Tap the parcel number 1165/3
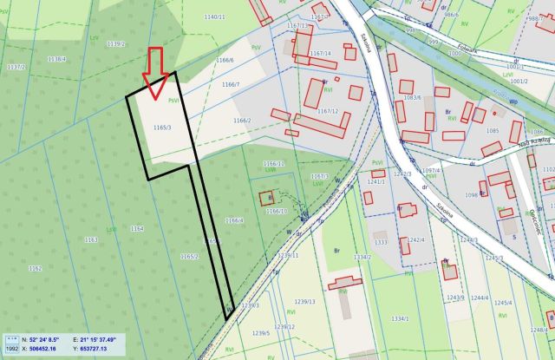(162, 128)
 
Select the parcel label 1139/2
(115, 43)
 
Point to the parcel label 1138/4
(56, 59)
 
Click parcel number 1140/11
(214, 16)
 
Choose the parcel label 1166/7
(231, 84)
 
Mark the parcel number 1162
(35, 269)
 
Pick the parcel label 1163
(90, 239)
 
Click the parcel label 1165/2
(189, 256)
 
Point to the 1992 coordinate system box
(12, 349)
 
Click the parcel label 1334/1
(400, 319)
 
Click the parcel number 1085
(492, 131)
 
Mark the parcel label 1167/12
(328, 111)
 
